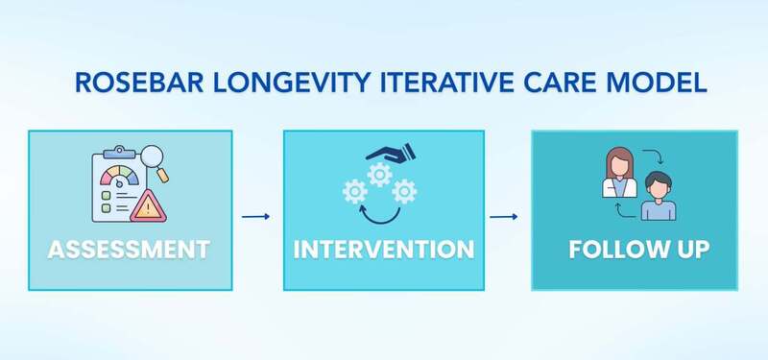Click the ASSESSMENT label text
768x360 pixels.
point(129,251)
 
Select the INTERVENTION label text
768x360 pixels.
point(383,251)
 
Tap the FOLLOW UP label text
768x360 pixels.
point(638,251)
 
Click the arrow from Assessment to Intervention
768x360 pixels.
point(255,216)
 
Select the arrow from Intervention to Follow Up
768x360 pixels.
point(505,216)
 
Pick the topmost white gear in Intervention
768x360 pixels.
point(381,175)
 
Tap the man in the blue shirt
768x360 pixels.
point(660,197)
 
